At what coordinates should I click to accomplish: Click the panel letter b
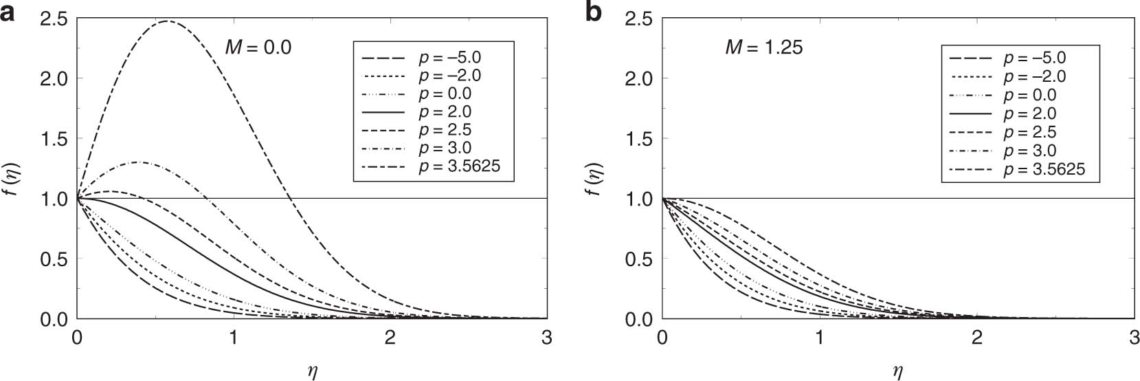(593, 12)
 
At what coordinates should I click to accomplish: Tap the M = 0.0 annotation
(258, 47)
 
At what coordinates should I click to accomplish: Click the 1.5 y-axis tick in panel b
(638, 139)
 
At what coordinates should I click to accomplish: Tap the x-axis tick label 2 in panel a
(390, 338)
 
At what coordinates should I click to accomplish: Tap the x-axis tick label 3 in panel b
(1133, 338)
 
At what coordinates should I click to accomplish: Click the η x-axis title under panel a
(312, 372)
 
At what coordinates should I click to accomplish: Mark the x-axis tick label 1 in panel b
(819, 338)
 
